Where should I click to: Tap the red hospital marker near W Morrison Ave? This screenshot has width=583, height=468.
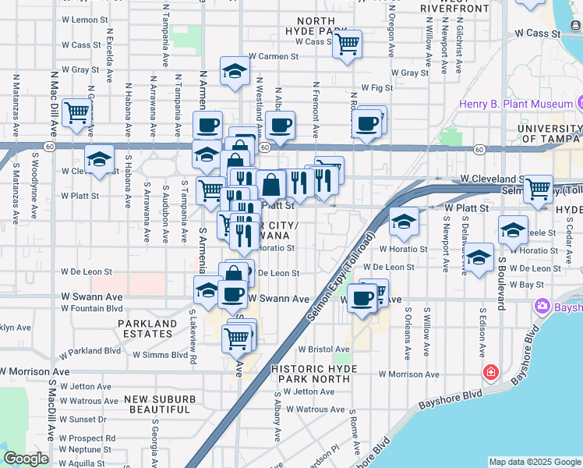490,373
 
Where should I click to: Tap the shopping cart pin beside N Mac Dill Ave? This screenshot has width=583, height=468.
77,112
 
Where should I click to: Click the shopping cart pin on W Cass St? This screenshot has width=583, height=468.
346,42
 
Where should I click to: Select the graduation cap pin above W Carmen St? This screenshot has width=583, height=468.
234,72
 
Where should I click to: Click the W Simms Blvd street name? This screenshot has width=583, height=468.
160,354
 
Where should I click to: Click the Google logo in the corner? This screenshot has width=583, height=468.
26,459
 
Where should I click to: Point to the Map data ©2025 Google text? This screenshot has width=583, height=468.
535,462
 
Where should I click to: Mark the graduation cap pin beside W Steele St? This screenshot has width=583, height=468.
512,229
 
